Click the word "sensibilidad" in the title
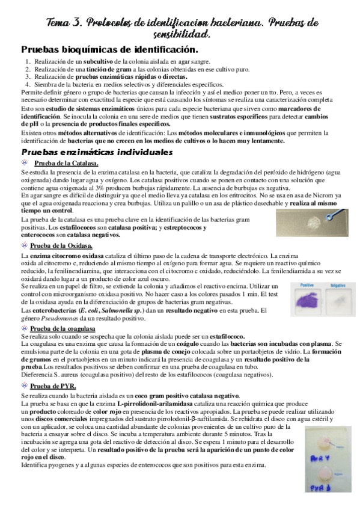pyautogui.click(x=180, y=34)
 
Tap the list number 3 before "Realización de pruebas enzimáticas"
pyautogui.click(x=28, y=77)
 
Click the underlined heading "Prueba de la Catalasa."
pyautogui.click(x=67, y=164)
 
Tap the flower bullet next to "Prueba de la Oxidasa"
pyautogui.click(x=25, y=246)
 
